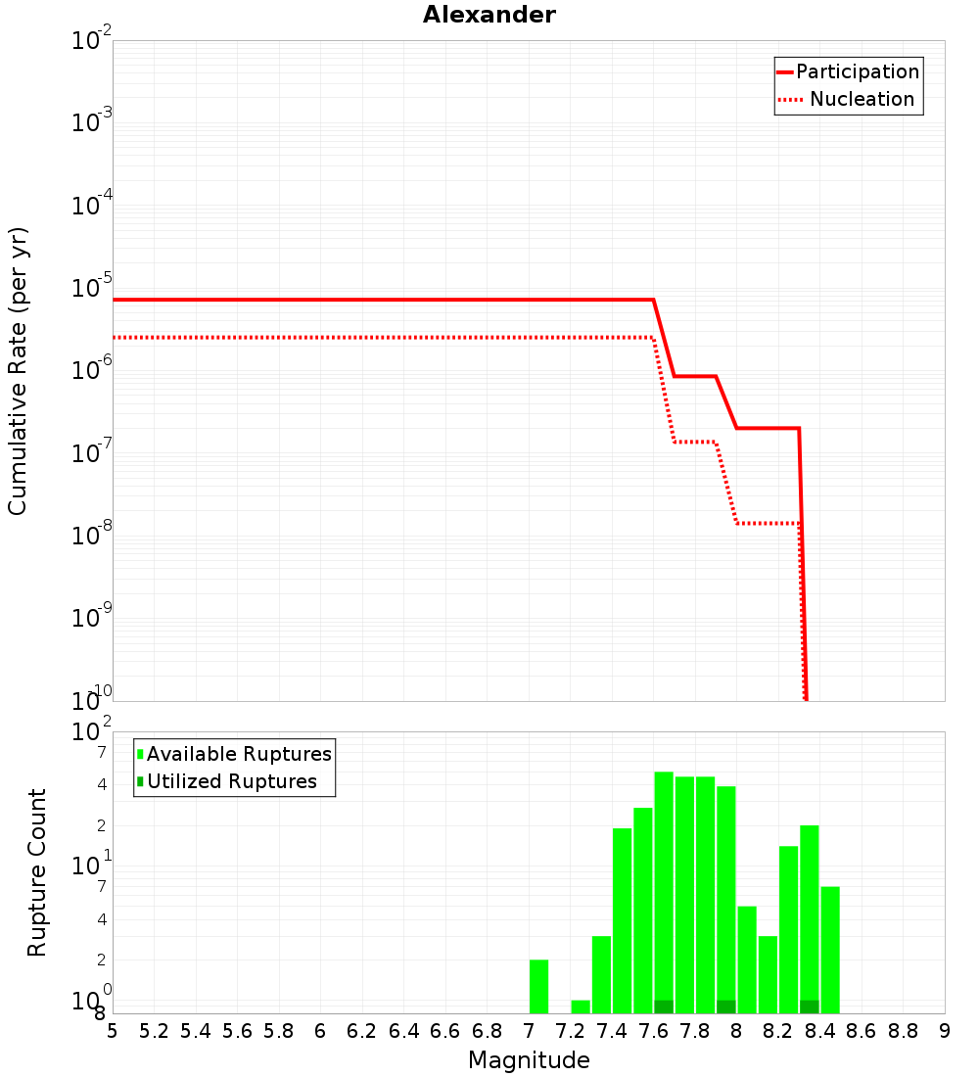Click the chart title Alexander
click(489, 15)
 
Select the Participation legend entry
click(848, 71)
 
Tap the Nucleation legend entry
click(846, 99)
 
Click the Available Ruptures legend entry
click(234, 754)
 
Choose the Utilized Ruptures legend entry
click(227, 781)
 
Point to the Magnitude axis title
click(529, 1059)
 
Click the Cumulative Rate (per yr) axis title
click(18, 371)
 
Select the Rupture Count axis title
click(36, 872)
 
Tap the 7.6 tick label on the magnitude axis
click(653, 1031)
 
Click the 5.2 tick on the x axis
click(154, 1031)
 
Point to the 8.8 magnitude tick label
click(903, 1031)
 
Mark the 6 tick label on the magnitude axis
click(320, 1031)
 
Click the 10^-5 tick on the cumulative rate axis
click(91, 287)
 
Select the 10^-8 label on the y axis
click(91, 534)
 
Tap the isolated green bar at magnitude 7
click(538, 986)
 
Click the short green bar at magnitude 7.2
click(581, 1007)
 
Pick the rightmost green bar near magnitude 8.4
click(830, 950)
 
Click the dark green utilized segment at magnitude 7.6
click(664, 1007)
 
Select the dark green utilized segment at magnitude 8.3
click(810, 1007)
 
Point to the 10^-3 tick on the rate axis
click(91, 121)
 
